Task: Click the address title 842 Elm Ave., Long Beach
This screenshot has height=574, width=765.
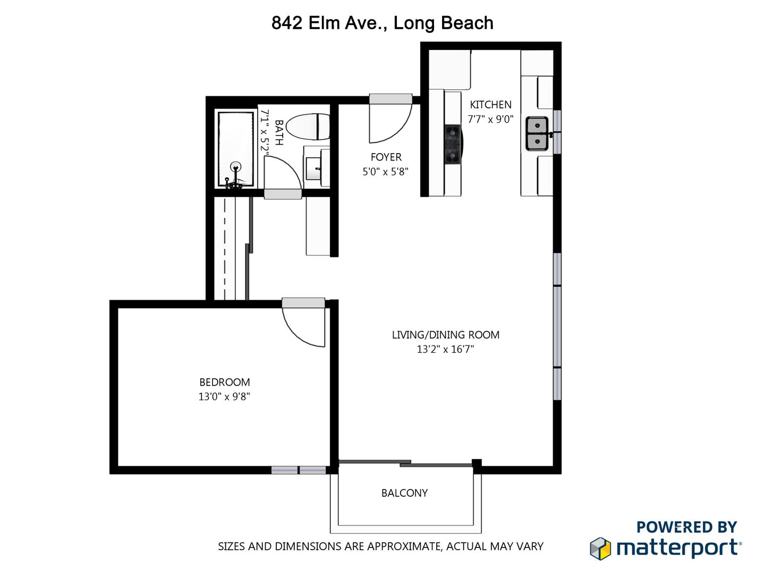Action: click(x=382, y=23)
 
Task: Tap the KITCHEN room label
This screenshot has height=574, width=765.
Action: click(x=490, y=105)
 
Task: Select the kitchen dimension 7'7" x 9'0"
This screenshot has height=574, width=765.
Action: click(x=490, y=119)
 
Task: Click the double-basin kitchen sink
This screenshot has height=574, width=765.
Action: click(x=537, y=134)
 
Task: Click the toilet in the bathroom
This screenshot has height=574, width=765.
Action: click(x=310, y=127)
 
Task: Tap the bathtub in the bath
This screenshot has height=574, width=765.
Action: click(x=236, y=149)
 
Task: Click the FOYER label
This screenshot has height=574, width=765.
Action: click(x=386, y=157)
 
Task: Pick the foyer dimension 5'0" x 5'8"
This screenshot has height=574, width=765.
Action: click(x=385, y=172)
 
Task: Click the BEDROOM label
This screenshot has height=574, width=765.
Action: click(x=224, y=382)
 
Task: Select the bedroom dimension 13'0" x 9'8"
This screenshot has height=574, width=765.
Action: click(x=224, y=396)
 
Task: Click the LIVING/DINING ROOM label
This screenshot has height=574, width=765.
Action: click(x=445, y=335)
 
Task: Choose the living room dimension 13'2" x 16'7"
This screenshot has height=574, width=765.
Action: click(x=445, y=349)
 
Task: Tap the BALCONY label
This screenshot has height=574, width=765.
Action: click(x=404, y=493)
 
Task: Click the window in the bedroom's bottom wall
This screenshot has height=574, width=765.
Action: click(x=299, y=470)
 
